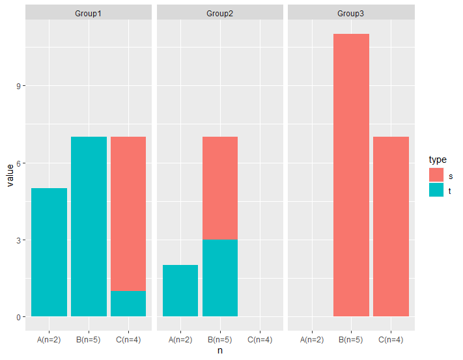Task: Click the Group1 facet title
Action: click(x=88, y=14)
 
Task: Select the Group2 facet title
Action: click(x=219, y=14)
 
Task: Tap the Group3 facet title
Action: click(x=351, y=14)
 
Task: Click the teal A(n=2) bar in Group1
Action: click(x=49, y=253)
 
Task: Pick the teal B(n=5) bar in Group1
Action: click(x=89, y=227)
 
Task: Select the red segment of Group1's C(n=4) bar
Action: click(x=128, y=214)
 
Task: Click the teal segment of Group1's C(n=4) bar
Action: click(x=128, y=304)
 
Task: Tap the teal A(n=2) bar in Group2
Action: click(x=180, y=290)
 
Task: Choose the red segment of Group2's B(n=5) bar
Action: click(x=220, y=188)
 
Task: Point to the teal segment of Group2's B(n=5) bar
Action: click(x=220, y=278)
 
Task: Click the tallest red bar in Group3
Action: click(x=352, y=175)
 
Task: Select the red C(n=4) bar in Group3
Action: click(x=391, y=227)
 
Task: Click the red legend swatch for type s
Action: click(x=436, y=174)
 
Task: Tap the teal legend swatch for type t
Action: click(x=436, y=189)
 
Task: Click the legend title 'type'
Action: click(x=438, y=159)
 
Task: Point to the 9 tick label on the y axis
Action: click(x=19, y=86)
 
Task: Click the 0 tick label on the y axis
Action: click(x=19, y=318)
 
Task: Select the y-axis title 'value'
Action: click(x=10, y=176)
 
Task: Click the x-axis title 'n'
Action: click(x=220, y=350)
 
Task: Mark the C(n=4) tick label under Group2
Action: click(x=260, y=340)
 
